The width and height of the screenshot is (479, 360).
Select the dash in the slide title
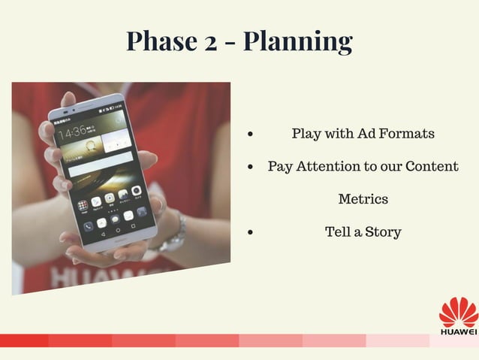click(231, 42)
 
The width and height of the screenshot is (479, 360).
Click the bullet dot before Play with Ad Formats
click(250, 135)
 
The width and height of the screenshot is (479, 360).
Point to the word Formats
click(406, 134)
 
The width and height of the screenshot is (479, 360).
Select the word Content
click(431, 166)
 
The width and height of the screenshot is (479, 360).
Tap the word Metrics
click(363, 199)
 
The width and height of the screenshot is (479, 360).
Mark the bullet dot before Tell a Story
click(250, 233)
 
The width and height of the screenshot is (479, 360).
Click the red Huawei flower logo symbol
click(458, 311)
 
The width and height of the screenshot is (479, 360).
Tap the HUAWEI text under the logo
click(458, 331)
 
